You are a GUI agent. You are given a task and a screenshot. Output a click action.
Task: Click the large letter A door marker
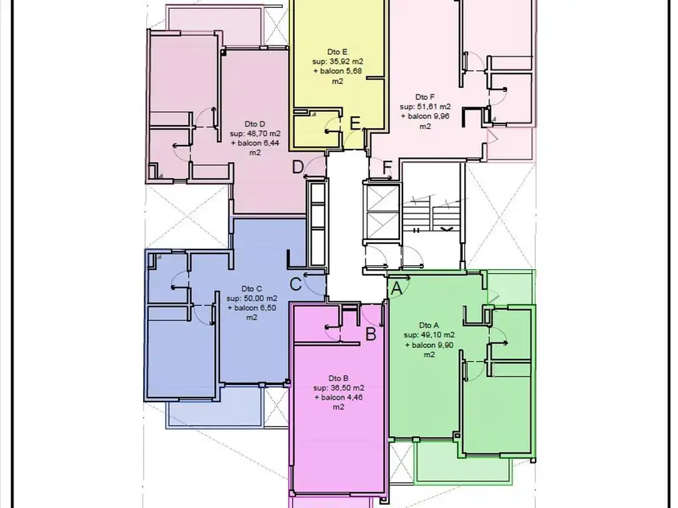397,289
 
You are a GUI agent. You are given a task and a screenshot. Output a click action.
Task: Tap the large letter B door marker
371,334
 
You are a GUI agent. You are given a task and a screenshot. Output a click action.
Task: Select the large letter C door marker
295,284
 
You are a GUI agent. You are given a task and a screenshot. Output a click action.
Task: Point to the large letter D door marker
297,167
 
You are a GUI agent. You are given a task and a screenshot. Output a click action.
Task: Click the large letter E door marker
355,124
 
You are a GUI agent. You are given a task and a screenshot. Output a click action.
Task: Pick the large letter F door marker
387,167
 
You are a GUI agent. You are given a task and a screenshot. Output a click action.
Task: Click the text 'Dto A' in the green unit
429,325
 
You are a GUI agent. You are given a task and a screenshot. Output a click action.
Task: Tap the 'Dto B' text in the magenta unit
338,378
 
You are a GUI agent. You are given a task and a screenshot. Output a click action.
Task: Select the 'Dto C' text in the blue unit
252,288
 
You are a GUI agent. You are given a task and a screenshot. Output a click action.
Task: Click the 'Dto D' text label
255,124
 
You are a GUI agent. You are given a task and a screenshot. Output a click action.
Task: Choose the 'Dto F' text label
424,97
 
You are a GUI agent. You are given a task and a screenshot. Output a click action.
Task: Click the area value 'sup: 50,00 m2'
252,298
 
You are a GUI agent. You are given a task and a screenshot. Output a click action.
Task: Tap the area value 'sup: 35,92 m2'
338,62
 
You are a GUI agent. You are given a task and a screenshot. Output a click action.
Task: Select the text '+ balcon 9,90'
429,345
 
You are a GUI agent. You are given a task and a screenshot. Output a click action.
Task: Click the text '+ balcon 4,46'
338,398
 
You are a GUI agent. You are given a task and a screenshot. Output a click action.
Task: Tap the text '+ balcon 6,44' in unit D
255,144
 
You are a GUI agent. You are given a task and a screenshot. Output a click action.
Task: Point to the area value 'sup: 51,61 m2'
425,106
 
